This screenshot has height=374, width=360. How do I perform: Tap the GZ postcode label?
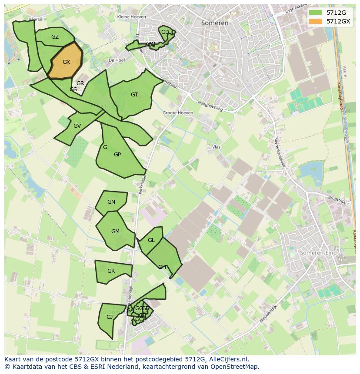(55, 37)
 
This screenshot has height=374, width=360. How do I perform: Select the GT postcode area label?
(134, 95)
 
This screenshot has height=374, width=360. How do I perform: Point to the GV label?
(77, 126)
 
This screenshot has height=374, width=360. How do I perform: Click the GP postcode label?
(117, 155)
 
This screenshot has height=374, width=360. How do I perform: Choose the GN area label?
(111, 202)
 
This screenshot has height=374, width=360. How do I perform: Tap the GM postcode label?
(115, 232)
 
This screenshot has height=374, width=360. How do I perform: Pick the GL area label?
(151, 240)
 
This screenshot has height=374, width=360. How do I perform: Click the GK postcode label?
(111, 271)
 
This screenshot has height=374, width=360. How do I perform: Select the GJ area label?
(110, 317)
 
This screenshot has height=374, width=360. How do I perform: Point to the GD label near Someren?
(165, 32)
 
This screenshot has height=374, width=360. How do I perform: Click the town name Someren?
(215, 23)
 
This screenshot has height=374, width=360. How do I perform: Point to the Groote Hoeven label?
(178, 113)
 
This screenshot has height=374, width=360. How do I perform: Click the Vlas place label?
(216, 147)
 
